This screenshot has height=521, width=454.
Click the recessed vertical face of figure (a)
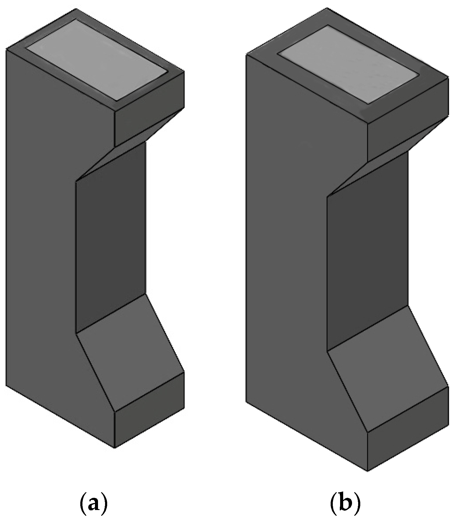pyautogui.click(x=111, y=241)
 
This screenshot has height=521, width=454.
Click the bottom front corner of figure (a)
pyautogui.click(x=114, y=448)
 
